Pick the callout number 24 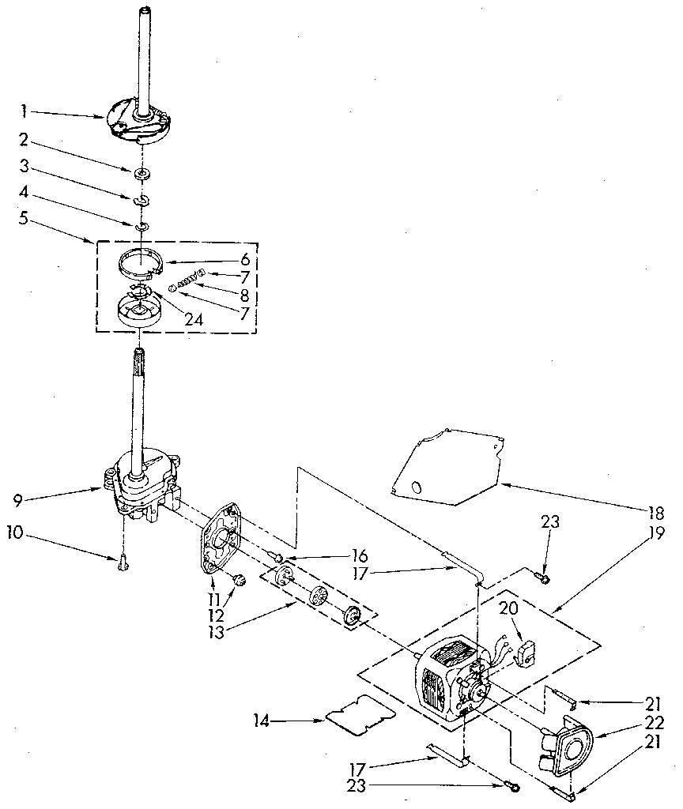click(193, 321)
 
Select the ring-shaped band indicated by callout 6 click(146, 259)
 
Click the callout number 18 click(654, 511)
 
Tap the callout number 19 click(654, 533)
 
